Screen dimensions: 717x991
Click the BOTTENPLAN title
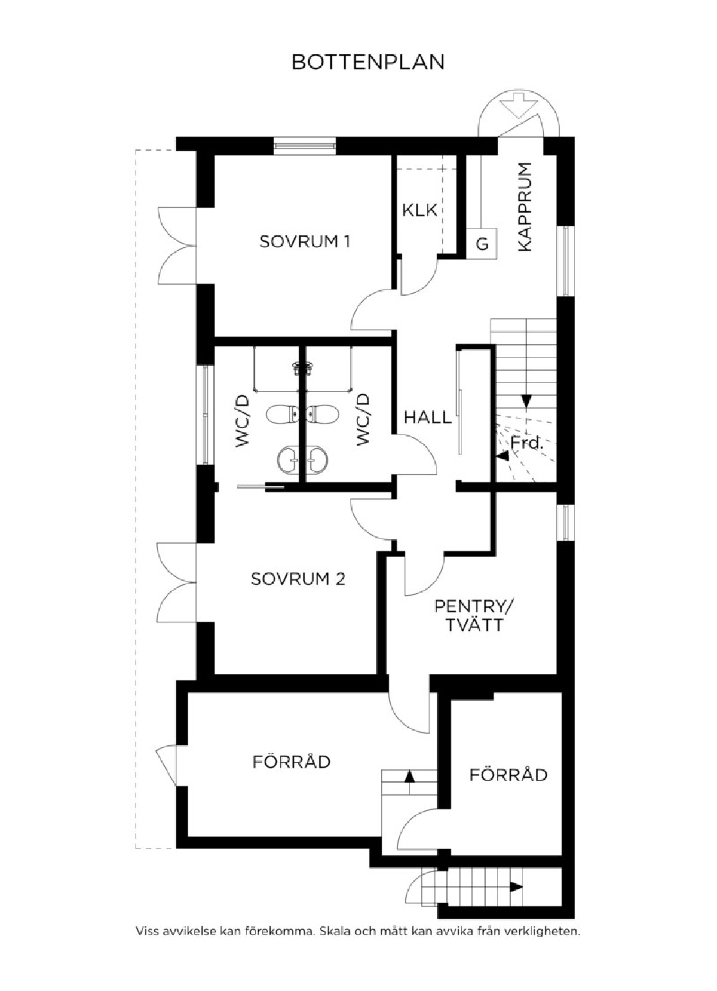tap(368, 62)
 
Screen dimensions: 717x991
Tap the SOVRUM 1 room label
tap(305, 242)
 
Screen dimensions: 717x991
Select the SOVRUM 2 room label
tap(298, 579)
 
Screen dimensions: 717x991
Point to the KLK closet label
tap(419, 210)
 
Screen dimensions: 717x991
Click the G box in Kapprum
tap(482, 244)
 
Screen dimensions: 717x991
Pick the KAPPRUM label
tap(525, 207)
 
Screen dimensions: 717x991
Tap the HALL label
tap(428, 417)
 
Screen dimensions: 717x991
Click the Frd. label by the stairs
tap(526, 443)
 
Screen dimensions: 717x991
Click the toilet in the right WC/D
tap(323, 414)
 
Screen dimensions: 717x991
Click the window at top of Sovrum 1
tap(305, 146)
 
